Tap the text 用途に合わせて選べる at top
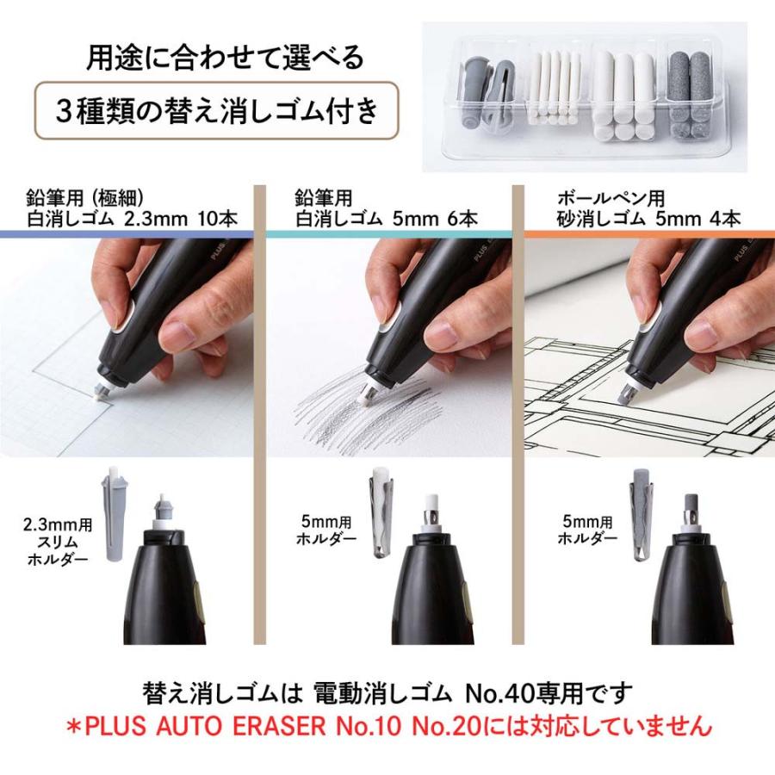(x=225, y=58)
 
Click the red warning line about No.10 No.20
(x=387, y=726)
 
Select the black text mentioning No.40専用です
(x=387, y=692)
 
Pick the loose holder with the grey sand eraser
(x=641, y=515)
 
